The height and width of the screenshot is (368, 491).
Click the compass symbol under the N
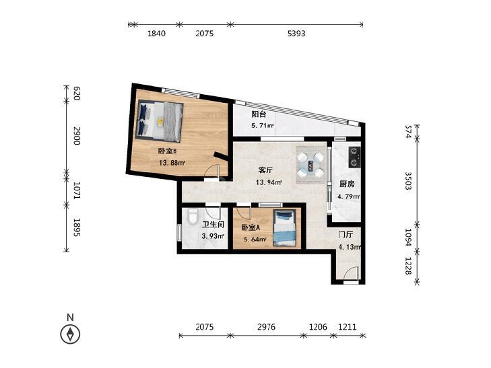[x=70, y=334]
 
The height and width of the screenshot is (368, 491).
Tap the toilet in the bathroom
[x=193, y=217]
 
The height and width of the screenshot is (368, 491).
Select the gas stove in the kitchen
[x=354, y=157]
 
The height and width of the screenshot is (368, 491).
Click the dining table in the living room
[x=310, y=164]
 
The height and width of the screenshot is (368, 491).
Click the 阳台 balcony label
[x=259, y=114]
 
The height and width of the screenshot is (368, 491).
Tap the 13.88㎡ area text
[x=172, y=163]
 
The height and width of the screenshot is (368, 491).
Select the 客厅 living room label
[x=265, y=170]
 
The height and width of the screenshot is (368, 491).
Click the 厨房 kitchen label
[x=347, y=184]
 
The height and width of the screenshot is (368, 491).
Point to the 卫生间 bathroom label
[x=213, y=225]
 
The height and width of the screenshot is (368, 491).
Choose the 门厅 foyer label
[x=346, y=235]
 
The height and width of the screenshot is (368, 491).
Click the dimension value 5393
[x=296, y=33]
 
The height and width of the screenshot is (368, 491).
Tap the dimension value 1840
[x=156, y=33]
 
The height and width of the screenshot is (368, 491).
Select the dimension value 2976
[x=266, y=327]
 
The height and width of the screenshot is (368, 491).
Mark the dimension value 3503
[x=408, y=181]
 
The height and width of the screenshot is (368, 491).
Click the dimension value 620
[x=77, y=94]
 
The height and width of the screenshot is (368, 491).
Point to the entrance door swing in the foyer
[x=351, y=274]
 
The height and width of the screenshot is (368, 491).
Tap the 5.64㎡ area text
[x=255, y=240]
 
